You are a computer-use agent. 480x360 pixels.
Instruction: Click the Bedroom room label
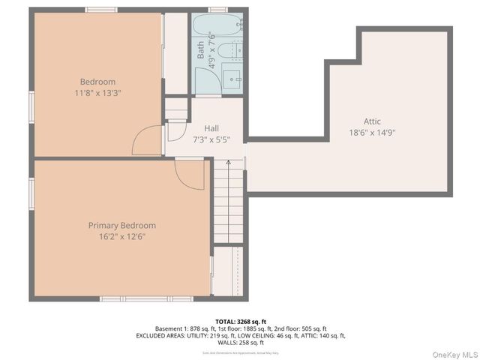[x=97, y=82]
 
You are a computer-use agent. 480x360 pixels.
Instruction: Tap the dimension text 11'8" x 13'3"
[x=97, y=93]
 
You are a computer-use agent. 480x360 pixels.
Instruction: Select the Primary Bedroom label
[x=122, y=225]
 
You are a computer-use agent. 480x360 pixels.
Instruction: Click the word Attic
[x=373, y=121]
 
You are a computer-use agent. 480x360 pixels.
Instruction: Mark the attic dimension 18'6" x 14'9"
[x=373, y=132]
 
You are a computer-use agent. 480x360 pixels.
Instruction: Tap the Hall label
[x=211, y=128]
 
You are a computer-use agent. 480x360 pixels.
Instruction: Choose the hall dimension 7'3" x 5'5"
[x=211, y=139]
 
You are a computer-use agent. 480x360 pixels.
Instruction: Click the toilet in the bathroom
[x=233, y=51]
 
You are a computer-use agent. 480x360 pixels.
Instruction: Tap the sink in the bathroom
[x=234, y=77]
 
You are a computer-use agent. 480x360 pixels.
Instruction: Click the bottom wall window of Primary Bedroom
[x=136, y=298]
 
